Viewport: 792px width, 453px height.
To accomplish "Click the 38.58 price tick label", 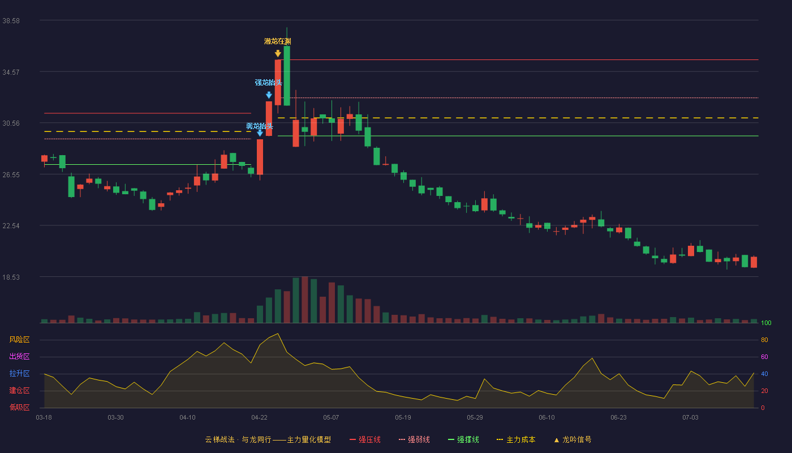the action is point(11,21).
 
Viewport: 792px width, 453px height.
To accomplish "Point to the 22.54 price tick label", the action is point(11,226).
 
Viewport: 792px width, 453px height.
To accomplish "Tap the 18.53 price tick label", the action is point(11,277).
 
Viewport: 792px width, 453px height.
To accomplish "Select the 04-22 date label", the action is point(259,418).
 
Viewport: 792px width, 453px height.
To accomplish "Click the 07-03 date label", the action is point(690,418).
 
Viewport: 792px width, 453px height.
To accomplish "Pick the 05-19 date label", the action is point(403,418).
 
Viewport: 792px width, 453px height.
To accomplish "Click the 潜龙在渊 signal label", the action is point(278,41).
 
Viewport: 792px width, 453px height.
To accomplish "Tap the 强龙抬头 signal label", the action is point(268,83).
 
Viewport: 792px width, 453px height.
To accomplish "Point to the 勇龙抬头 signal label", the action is point(260,126).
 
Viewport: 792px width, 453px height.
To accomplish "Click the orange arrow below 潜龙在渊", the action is point(278,53).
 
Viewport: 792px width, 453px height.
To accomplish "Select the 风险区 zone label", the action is point(19,340).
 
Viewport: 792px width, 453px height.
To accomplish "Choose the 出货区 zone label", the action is point(19,356).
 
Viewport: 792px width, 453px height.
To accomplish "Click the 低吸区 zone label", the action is point(19,407).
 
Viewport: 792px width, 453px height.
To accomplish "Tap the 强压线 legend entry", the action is point(365,439).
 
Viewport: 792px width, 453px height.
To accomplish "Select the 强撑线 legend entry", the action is point(463,439).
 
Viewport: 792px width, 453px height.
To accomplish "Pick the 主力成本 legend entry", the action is point(516,439).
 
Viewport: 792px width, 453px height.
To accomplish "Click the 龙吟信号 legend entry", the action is point(573,439).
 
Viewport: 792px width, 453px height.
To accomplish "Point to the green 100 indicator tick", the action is point(766,323).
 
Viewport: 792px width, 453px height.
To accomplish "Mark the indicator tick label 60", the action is point(764,357).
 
